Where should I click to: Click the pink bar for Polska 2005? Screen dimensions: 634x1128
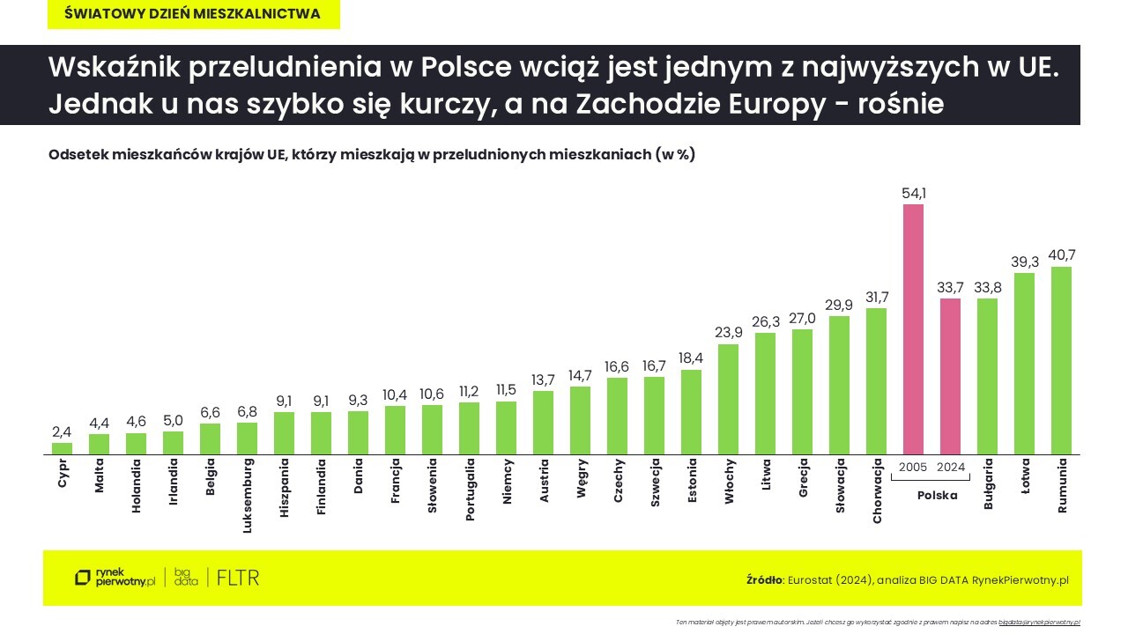pyautogui.click(x=913, y=329)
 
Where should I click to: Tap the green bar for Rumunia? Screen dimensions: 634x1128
pyautogui.click(x=1061, y=360)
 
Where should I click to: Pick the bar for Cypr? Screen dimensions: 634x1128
pyautogui.click(x=62, y=448)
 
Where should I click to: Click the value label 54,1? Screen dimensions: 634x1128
pyautogui.click(x=913, y=193)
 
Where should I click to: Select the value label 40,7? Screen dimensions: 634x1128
pyautogui.click(x=1061, y=255)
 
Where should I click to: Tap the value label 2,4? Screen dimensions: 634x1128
pyautogui.click(x=62, y=431)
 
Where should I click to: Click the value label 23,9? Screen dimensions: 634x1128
pyautogui.click(x=728, y=333)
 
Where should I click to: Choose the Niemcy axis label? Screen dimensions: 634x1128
pyautogui.click(x=508, y=481)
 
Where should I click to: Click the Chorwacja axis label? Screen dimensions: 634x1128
pyautogui.click(x=877, y=490)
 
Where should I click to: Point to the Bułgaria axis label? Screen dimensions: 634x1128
pyautogui.click(x=988, y=484)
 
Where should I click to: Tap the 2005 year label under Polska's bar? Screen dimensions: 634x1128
pyautogui.click(x=913, y=468)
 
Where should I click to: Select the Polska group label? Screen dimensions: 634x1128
pyautogui.click(x=937, y=496)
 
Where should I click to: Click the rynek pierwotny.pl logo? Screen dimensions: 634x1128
pyautogui.click(x=115, y=578)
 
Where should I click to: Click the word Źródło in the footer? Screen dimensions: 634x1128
pyautogui.click(x=764, y=580)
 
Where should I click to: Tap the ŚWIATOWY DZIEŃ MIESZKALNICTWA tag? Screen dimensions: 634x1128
pyautogui.click(x=193, y=14)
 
